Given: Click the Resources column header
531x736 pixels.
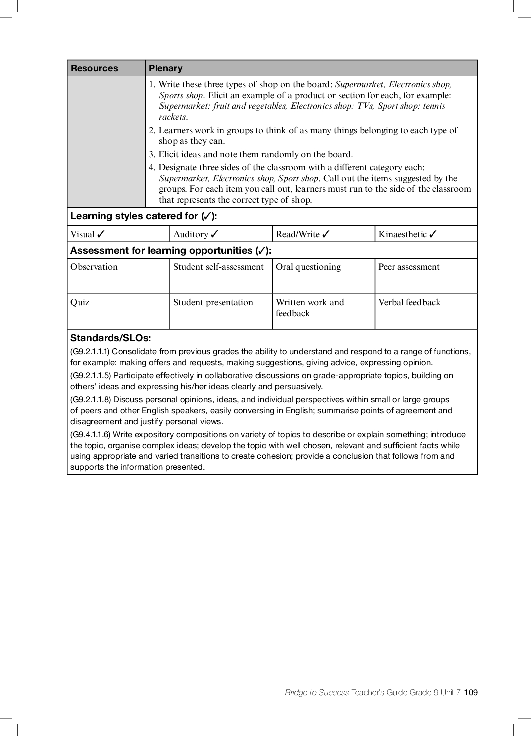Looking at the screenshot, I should (x=94, y=68).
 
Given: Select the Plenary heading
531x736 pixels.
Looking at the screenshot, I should (x=166, y=68).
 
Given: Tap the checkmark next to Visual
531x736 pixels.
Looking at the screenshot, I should (x=101, y=234).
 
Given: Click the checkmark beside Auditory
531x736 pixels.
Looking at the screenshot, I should (x=214, y=234).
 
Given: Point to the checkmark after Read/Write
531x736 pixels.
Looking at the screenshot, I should (x=326, y=234).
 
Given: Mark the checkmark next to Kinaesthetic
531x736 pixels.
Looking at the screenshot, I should (x=433, y=234).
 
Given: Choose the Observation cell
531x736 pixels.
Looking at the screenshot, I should (x=94, y=267).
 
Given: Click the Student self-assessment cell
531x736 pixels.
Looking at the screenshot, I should (x=218, y=267).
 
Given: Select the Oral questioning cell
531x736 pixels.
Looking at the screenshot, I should (x=308, y=267).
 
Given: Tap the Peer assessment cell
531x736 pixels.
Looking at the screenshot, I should (x=409, y=267).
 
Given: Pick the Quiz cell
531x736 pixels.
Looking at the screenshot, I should (x=80, y=303).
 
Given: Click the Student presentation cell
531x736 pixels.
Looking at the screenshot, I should (x=213, y=303).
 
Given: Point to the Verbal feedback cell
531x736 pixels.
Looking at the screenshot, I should (x=409, y=303).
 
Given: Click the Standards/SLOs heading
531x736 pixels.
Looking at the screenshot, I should (x=110, y=338).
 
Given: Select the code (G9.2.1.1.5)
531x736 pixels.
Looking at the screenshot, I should (x=91, y=376).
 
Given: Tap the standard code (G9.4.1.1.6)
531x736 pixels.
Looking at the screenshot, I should (x=91, y=435).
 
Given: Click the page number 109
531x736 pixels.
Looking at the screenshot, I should (x=471, y=692).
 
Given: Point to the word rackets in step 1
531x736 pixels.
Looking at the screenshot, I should (x=173, y=117).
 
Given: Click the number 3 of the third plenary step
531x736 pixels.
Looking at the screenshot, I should (x=152, y=155).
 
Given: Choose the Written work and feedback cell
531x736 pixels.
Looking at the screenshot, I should (x=310, y=308).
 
